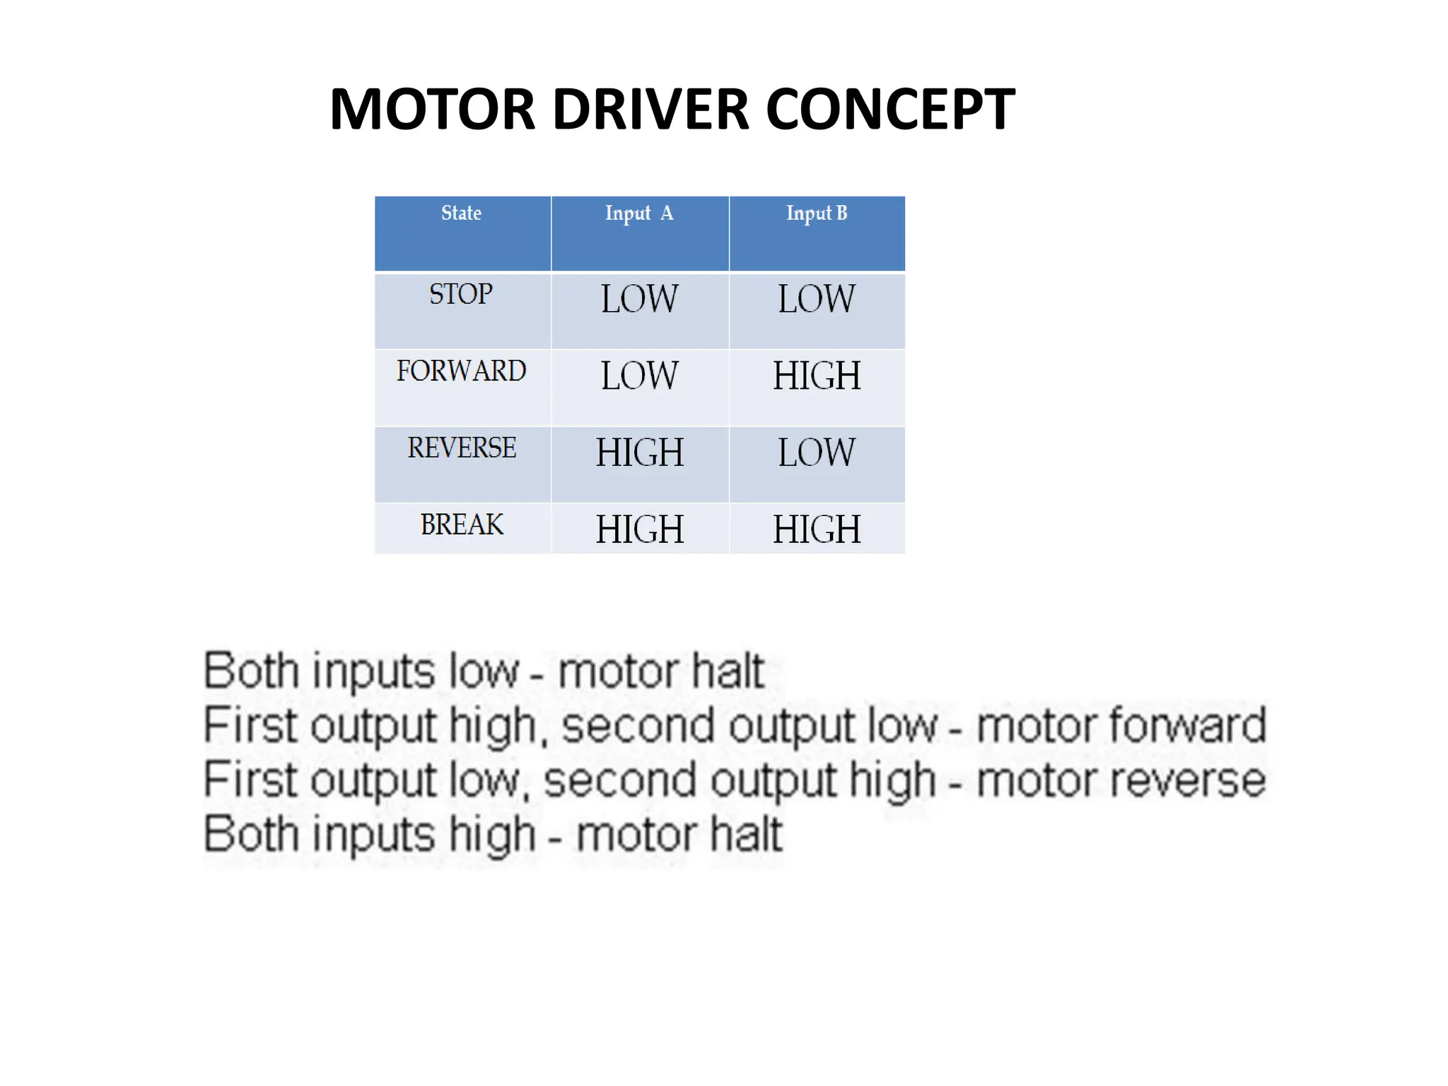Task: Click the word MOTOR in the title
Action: pos(432,110)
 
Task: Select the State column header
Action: pos(461,213)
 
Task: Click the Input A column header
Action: pos(639,214)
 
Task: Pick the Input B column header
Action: pos(817,214)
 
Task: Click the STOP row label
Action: pos(461,294)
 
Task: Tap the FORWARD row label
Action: pos(461,371)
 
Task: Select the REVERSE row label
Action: pos(462,448)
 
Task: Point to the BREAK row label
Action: pos(462,525)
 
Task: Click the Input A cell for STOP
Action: pos(639,298)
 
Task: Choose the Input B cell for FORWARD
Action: pos(817,375)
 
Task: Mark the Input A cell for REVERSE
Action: pos(639,452)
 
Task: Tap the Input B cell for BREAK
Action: pos(817,530)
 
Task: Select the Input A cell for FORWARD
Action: pos(639,375)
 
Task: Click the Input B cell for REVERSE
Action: pos(817,452)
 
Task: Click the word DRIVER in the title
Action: pos(650,110)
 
